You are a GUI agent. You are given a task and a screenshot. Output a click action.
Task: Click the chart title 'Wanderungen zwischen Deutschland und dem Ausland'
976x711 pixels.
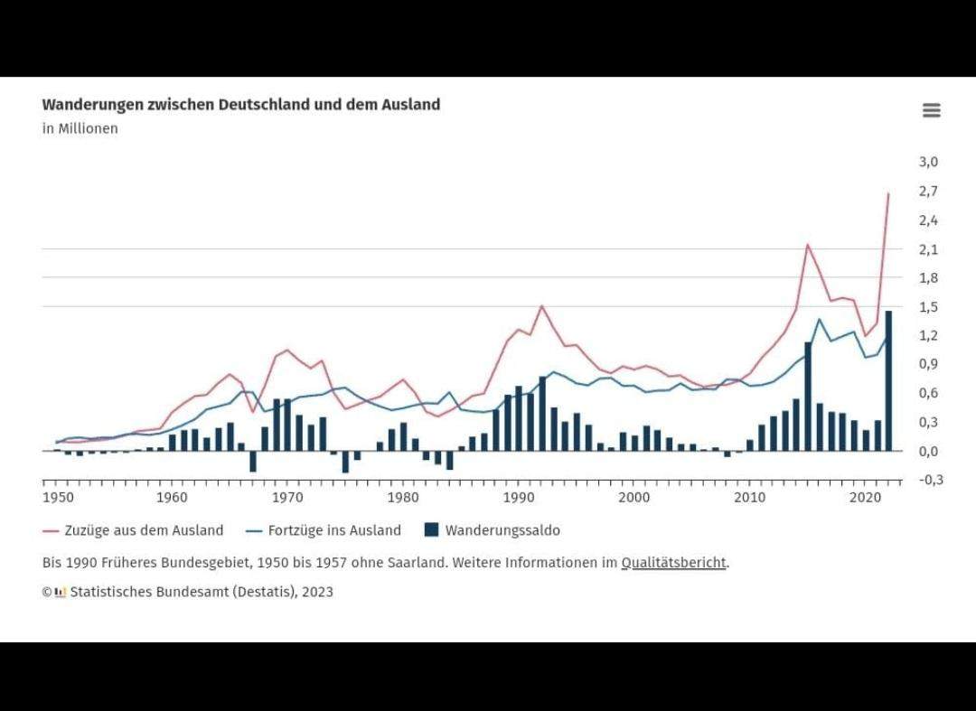pyautogui.click(x=241, y=104)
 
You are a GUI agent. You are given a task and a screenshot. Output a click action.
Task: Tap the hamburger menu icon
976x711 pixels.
pyautogui.click(x=932, y=110)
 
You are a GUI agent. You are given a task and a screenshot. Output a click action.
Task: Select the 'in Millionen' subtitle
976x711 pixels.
pyautogui.click(x=80, y=128)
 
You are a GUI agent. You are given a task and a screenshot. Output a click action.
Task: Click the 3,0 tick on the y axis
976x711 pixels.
pyautogui.click(x=928, y=162)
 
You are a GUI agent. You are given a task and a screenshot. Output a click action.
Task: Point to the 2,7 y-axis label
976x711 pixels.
pyautogui.click(x=928, y=191)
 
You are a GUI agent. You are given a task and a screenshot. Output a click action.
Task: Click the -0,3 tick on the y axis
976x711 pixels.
pyautogui.click(x=930, y=480)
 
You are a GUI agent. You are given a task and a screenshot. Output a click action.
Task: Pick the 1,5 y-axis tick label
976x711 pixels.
pyautogui.click(x=928, y=306)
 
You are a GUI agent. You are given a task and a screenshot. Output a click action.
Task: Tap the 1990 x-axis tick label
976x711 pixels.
pyautogui.click(x=518, y=498)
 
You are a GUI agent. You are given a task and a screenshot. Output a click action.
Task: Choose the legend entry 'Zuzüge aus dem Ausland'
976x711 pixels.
pyautogui.click(x=144, y=530)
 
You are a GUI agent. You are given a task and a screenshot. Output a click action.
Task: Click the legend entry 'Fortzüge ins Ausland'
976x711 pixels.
pyautogui.click(x=334, y=530)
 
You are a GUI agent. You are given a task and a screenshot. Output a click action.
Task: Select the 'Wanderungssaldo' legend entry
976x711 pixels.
pyautogui.click(x=502, y=530)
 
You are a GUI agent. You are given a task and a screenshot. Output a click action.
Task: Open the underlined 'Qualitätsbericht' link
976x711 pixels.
pyautogui.click(x=673, y=562)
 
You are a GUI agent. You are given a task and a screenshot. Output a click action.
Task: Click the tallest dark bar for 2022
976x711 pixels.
pyautogui.click(x=888, y=380)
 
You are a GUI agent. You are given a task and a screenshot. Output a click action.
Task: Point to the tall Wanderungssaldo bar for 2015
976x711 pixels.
pyautogui.click(x=808, y=397)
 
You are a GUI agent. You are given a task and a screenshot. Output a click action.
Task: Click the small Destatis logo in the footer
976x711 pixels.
pyautogui.click(x=61, y=593)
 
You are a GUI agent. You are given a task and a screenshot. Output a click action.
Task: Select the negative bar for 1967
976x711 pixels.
pyautogui.click(x=253, y=461)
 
